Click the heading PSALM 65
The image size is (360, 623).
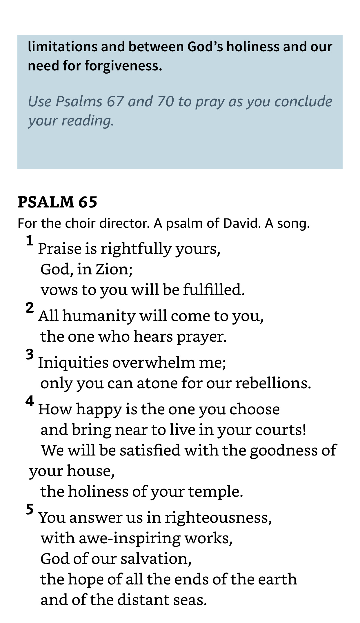tap(57, 202)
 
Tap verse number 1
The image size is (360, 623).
tap(30, 241)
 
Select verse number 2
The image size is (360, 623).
tap(30, 308)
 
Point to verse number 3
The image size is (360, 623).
tap(30, 354)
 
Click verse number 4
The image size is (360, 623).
tap(30, 401)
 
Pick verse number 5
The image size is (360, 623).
tap(30, 510)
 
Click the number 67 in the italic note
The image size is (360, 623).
tap(115, 101)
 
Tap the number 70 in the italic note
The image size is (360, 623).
tap(166, 101)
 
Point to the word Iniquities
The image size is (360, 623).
tap(73, 362)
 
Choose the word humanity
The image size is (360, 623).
tap(99, 316)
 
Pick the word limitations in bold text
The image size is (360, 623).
tap(62, 47)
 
